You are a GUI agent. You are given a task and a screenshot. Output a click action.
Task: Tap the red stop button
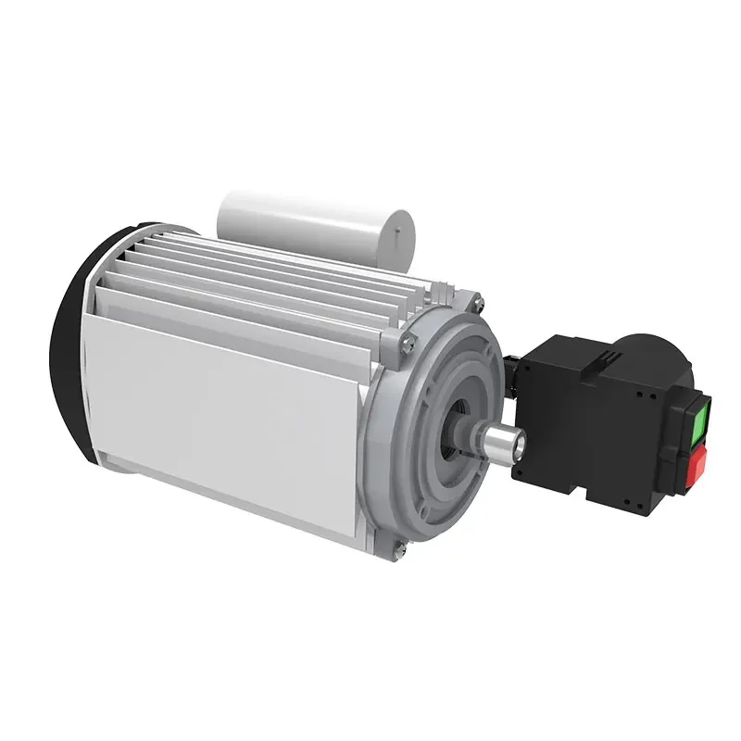(x=697, y=462)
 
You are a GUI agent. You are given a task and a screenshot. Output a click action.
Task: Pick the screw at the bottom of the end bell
(x=398, y=553)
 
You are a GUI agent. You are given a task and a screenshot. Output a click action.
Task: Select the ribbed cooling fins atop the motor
(x=278, y=278)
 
